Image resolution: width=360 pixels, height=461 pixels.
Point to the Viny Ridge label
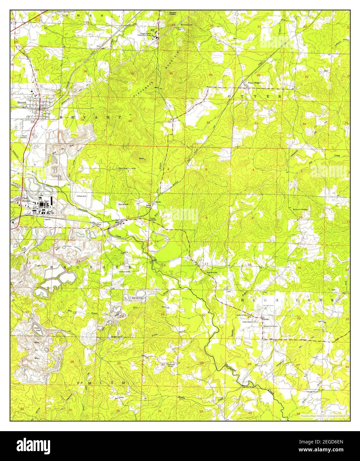253,83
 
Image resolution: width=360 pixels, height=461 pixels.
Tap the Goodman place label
97,225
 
